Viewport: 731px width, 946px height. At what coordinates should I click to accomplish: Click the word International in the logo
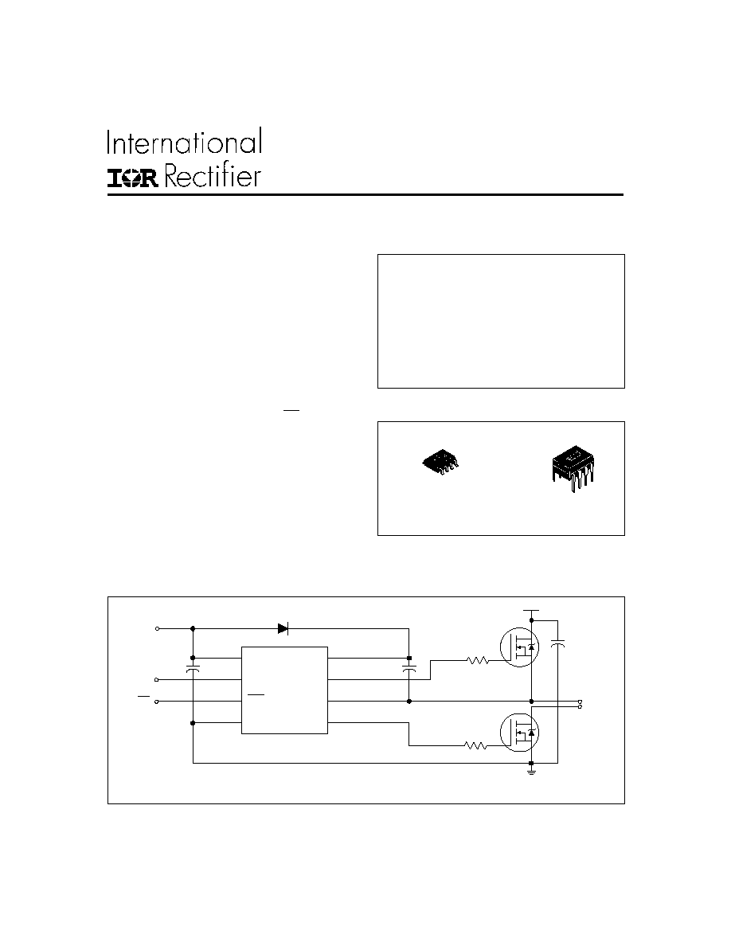[185, 143]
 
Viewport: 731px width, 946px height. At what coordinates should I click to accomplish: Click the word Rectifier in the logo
[213, 175]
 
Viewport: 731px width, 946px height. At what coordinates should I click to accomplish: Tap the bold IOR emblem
[133, 178]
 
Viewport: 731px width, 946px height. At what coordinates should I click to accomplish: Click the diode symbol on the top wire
[283, 628]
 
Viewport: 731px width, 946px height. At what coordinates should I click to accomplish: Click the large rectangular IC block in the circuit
[285, 690]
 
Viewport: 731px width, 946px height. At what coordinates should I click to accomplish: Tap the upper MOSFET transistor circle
[519, 647]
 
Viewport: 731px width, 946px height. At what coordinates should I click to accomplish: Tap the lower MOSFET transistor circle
[519, 733]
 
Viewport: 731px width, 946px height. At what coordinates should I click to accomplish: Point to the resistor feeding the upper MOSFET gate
[478, 661]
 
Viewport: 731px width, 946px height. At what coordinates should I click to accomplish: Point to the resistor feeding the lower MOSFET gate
[476, 745]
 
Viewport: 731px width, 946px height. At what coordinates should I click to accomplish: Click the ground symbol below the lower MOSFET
[531, 768]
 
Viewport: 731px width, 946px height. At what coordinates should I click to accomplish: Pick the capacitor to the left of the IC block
[193, 669]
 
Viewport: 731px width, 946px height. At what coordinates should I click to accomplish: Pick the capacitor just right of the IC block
[409, 669]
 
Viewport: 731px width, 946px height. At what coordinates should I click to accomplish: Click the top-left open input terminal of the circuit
[158, 628]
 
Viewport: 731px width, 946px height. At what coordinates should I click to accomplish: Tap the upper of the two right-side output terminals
[580, 702]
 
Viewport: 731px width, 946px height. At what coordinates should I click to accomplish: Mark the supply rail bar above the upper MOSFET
[531, 610]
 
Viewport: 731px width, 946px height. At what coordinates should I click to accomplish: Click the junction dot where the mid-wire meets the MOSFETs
[531, 702]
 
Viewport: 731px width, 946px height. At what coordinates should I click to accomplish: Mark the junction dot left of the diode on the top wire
[193, 628]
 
